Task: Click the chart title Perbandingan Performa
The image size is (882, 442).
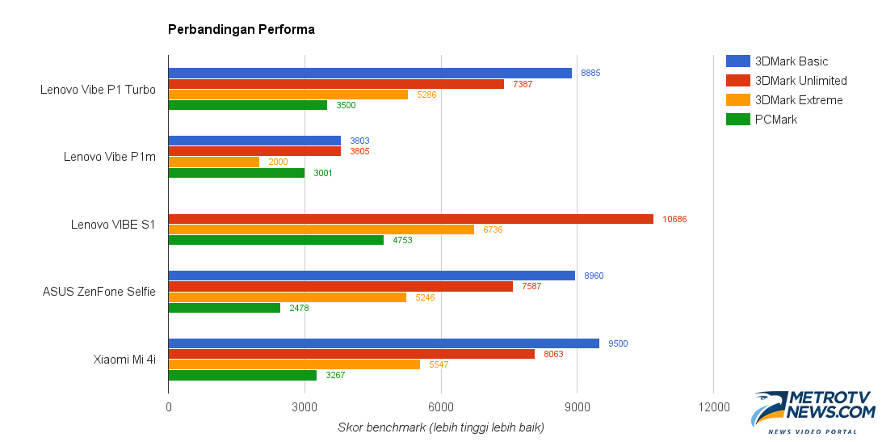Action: pos(241,30)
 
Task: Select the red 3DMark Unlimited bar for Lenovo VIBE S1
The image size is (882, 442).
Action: pos(410,219)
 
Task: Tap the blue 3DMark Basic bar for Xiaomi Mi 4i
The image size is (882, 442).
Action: pos(384,343)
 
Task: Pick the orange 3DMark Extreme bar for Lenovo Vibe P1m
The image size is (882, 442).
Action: pos(213,162)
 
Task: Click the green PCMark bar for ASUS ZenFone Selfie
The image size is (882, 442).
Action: pos(224,308)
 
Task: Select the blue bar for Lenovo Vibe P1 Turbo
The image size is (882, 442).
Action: pos(370,73)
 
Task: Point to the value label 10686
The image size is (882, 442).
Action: pos(674,219)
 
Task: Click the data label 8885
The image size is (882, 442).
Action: pos(590,73)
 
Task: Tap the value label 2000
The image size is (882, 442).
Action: pos(278,162)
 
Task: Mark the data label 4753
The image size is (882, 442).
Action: pos(402,240)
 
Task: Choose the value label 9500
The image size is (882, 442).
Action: pos(618,343)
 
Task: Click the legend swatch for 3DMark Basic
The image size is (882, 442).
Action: pos(738,61)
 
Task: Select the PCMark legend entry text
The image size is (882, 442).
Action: pos(775,120)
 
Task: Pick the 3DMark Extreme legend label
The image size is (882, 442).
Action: pos(799,100)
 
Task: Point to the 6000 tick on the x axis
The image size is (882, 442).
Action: pos(441,406)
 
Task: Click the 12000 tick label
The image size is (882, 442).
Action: pos(713,406)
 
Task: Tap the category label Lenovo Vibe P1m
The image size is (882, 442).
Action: pos(110,157)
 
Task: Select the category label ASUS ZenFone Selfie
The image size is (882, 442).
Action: pos(99,292)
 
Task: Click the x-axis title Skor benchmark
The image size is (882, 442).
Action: pos(440,427)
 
